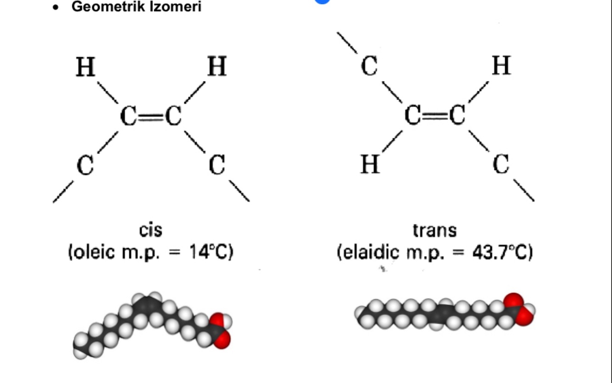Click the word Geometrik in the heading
100,7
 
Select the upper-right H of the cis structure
217,68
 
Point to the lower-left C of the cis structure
85,165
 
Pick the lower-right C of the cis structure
217,165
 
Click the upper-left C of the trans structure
369,67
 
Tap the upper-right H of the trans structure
501,66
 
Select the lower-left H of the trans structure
370,164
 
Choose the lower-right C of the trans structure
501,164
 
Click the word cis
151,230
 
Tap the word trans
435,230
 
